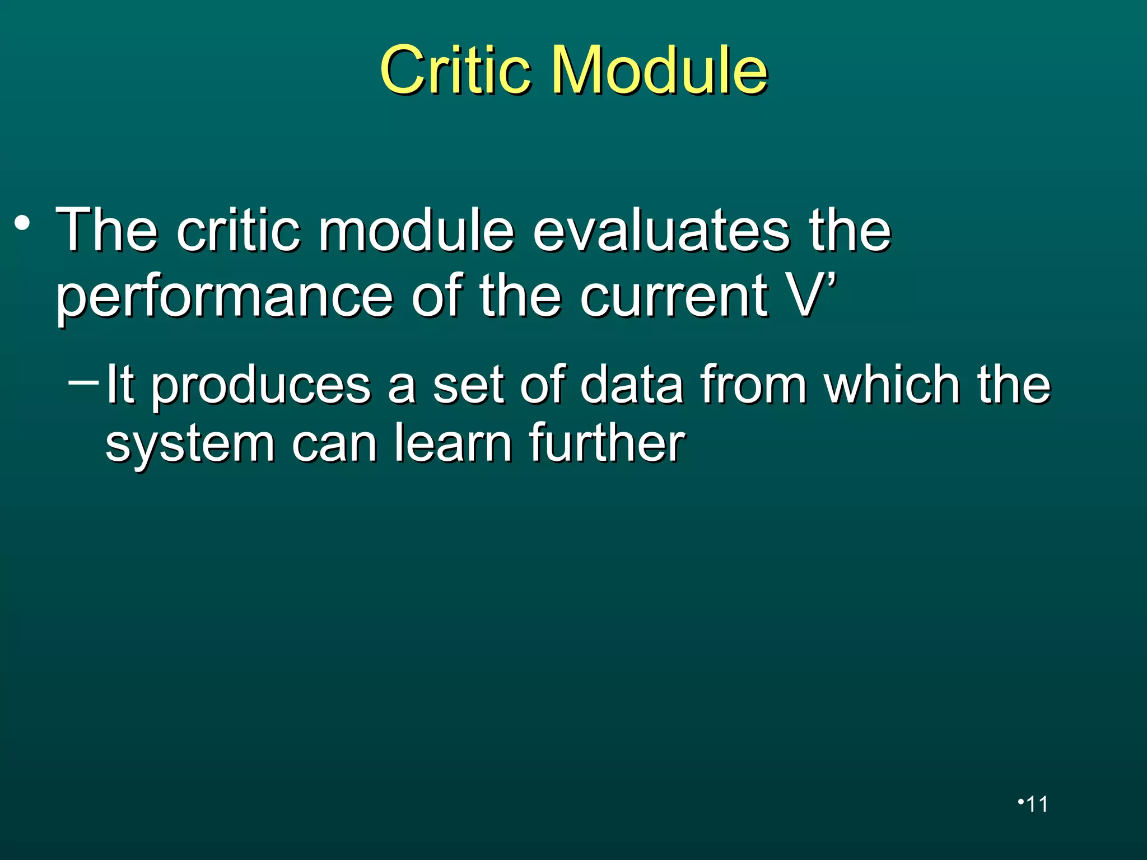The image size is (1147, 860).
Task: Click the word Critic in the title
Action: click(455, 71)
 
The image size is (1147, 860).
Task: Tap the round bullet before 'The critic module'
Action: click(22, 224)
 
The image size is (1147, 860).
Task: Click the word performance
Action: click(224, 297)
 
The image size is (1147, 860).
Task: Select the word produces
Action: click(261, 386)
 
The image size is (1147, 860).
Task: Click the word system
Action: click(190, 445)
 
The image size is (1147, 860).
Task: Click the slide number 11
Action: click(1037, 804)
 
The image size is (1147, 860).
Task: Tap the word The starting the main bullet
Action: click(106, 230)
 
